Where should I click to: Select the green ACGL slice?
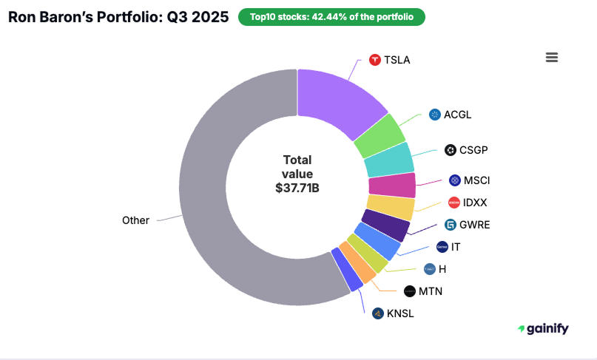pos(379,136)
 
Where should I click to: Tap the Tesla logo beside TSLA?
pos(375,60)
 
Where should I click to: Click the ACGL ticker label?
pos(457,115)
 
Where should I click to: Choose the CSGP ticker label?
pos(474,150)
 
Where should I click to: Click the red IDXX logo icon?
pos(454,203)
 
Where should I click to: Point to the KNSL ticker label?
pos(400,313)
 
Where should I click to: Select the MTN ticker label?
pos(431,291)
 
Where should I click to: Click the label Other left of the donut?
pos(135,220)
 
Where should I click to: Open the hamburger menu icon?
pos(551,58)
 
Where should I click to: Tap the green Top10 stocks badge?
pos(331,17)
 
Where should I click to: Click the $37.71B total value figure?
pos(297,188)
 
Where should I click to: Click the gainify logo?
pos(543,328)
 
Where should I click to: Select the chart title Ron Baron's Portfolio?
pos(118,17)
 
